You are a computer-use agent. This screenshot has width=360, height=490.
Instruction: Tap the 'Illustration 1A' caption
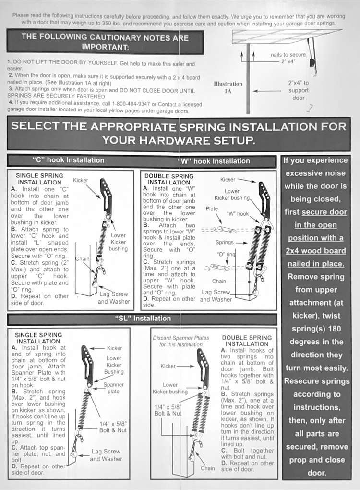click(x=228, y=87)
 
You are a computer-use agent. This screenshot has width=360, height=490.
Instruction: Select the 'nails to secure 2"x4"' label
click(x=288, y=58)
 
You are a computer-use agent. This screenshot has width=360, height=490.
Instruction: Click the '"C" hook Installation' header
click(x=68, y=160)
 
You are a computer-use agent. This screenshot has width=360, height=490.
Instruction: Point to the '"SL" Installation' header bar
click(x=142, y=318)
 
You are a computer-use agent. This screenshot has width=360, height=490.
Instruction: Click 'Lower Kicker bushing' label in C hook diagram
click(x=118, y=242)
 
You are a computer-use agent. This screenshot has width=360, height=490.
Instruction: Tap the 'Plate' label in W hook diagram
click(x=212, y=209)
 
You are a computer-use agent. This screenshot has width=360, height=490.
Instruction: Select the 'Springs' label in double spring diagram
click(x=225, y=243)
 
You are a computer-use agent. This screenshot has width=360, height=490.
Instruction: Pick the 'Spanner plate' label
click(x=114, y=388)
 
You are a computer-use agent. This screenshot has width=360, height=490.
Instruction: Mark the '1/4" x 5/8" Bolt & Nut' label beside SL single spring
click(x=113, y=427)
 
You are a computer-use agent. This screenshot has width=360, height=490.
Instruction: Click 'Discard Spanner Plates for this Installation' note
click(x=181, y=341)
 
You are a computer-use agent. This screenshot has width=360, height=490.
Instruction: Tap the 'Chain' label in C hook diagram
click(x=82, y=259)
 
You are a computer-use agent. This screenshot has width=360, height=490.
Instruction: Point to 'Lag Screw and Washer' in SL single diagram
click(x=106, y=455)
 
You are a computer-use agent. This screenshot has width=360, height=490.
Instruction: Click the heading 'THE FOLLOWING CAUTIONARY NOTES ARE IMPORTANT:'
click(x=105, y=42)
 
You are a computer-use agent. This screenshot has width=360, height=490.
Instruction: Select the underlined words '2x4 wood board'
click(x=316, y=251)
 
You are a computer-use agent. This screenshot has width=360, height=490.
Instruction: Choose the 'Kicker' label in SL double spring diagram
click(x=168, y=366)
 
